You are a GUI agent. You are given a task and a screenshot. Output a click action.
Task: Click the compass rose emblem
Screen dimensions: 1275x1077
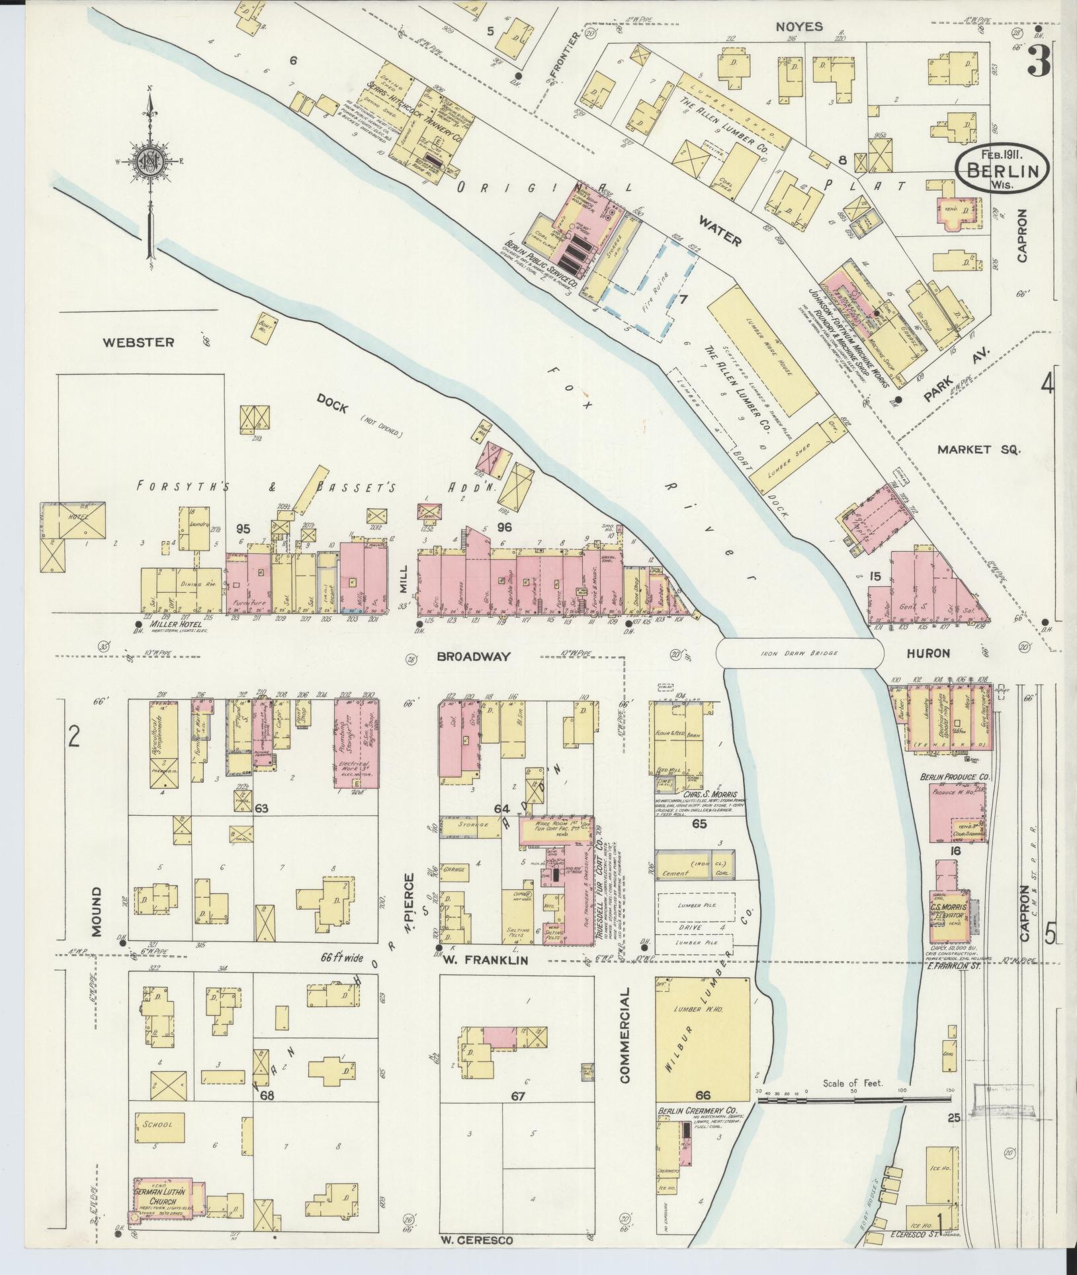point(151,159)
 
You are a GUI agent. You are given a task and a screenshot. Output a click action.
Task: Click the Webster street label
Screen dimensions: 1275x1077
point(139,342)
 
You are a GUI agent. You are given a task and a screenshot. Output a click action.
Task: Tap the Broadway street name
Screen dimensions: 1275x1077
point(474,656)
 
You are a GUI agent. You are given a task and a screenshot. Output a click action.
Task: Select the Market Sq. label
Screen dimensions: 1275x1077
point(979,449)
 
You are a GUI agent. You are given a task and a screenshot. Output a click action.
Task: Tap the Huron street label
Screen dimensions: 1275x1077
point(928,653)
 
